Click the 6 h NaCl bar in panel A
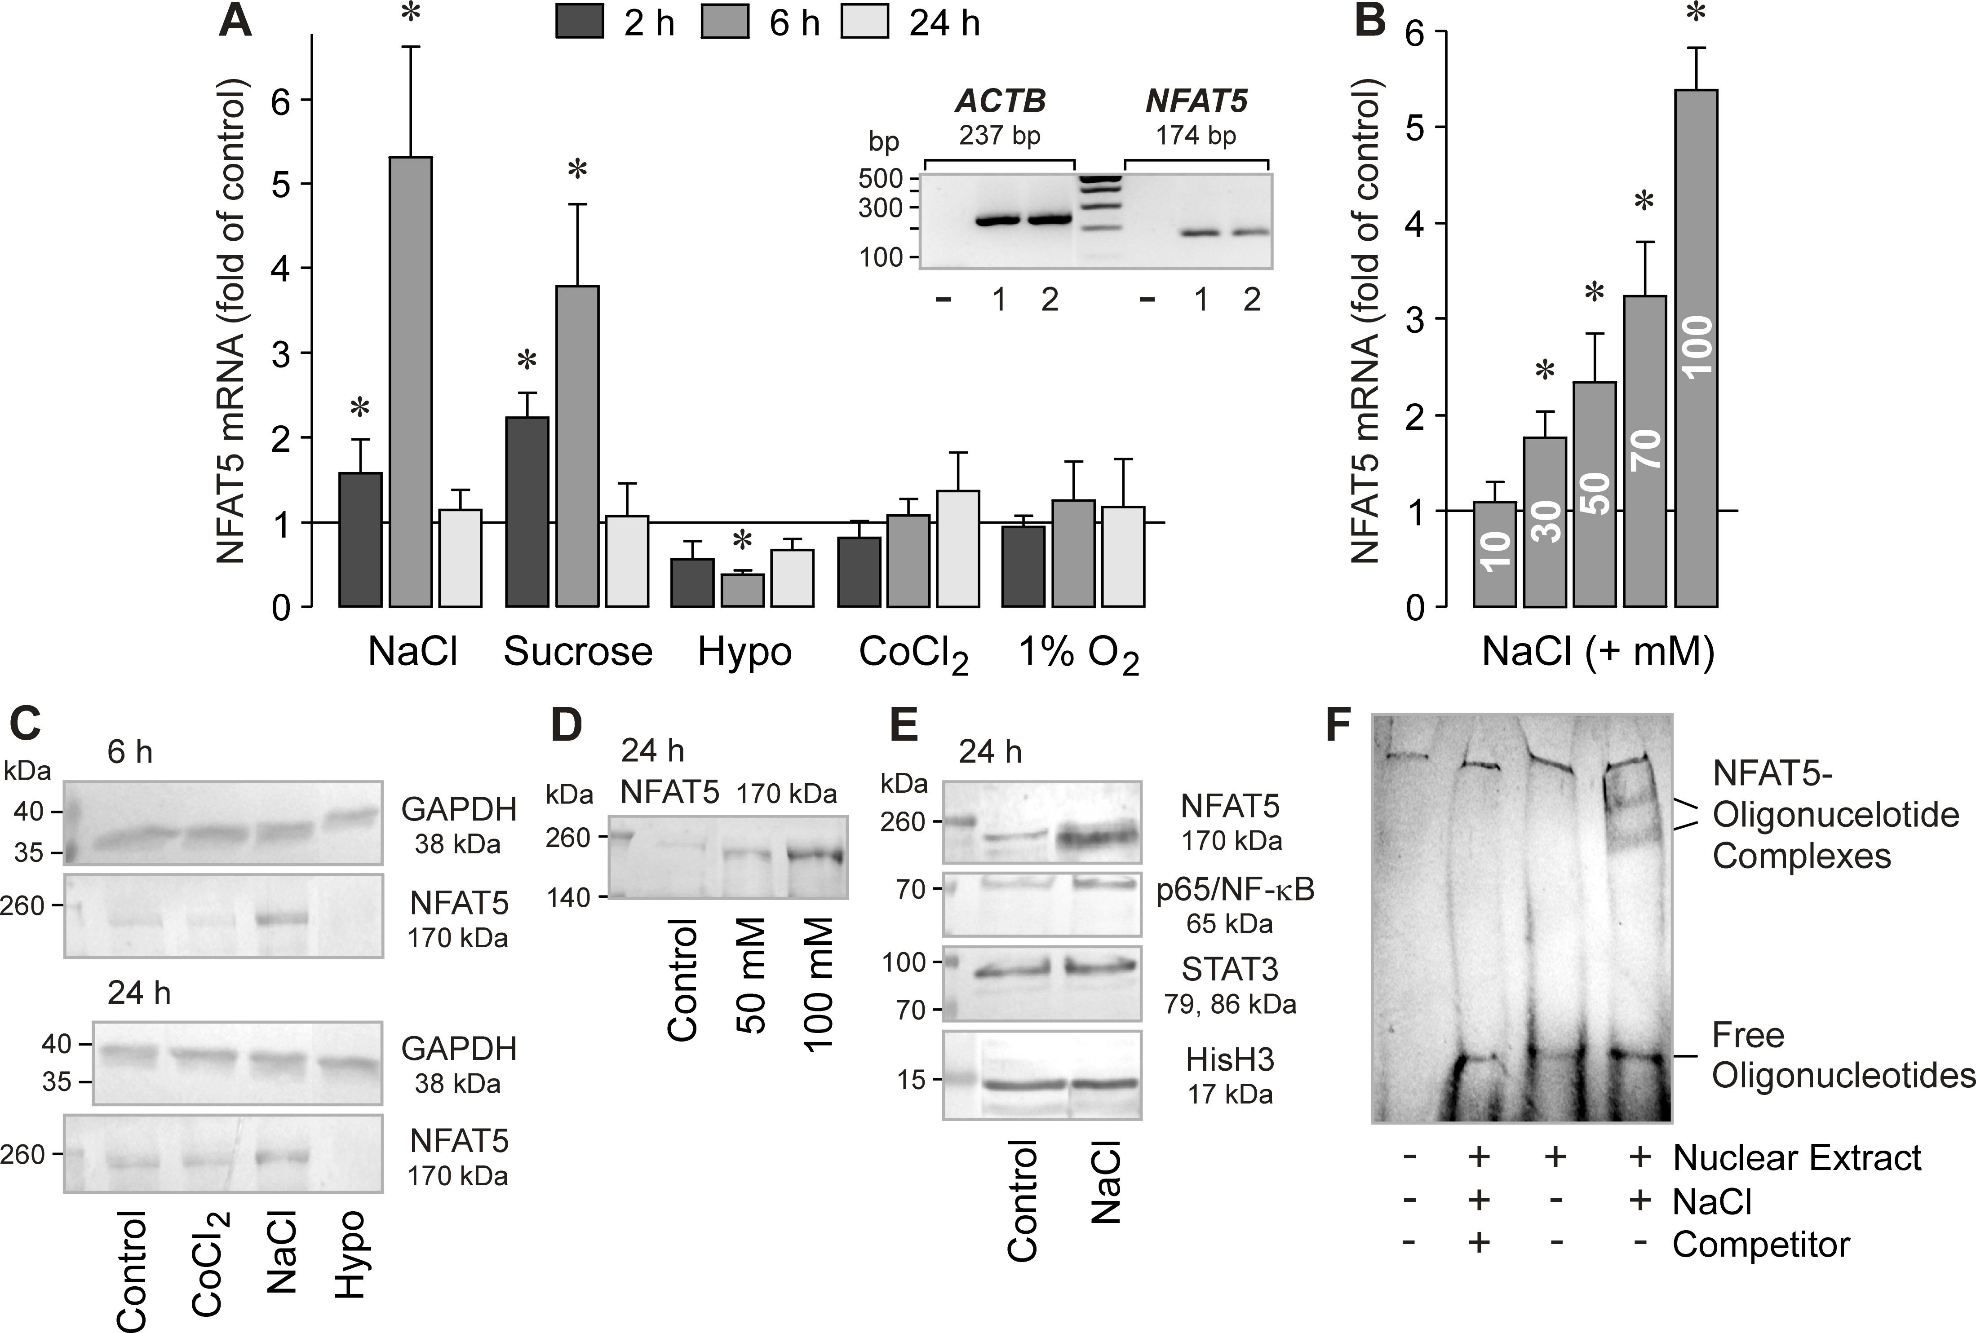[411, 383]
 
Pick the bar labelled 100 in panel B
[1695, 349]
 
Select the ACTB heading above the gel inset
[1000, 102]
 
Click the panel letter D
[567, 725]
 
